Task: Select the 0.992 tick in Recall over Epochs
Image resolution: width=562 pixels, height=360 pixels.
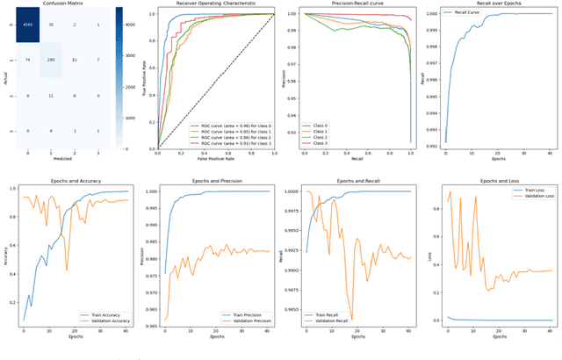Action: click(432, 141)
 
